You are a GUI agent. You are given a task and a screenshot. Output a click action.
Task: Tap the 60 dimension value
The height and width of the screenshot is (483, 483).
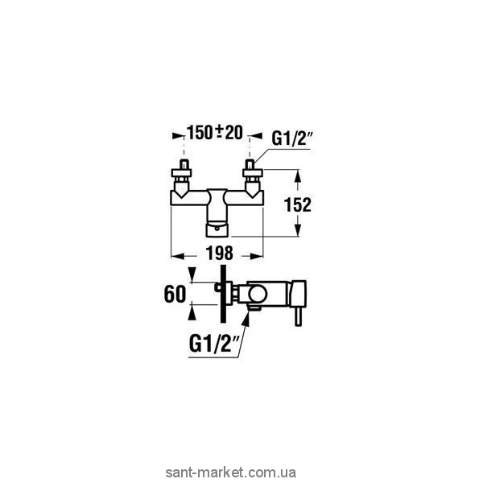pyautogui.click(x=175, y=292)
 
